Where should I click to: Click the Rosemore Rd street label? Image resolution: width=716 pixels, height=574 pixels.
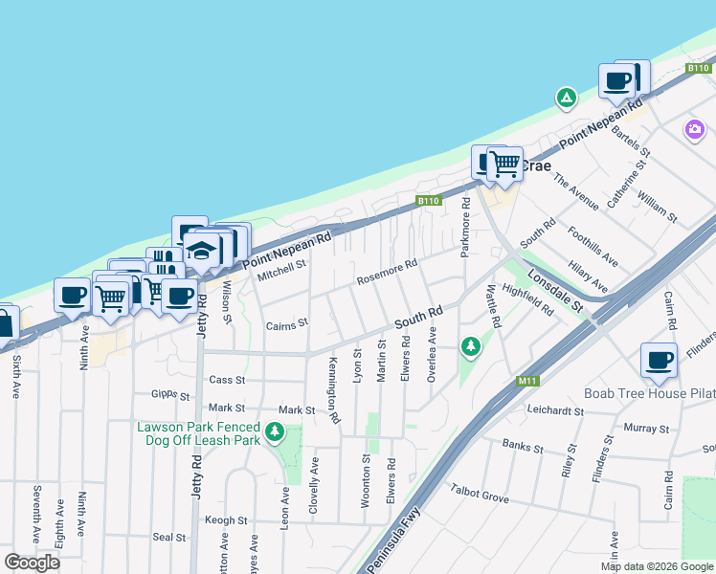[387, 273]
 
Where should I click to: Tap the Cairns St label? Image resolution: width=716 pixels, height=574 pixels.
[286, 324]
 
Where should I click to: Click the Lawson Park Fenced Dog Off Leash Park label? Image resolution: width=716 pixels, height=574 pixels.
[198, 433]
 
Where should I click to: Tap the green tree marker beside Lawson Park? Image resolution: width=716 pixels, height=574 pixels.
[275, 433]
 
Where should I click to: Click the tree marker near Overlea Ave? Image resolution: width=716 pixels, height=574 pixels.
[470, 347]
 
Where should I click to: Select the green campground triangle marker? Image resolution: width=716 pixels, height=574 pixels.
[567, 98]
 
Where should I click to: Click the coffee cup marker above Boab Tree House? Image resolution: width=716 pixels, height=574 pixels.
[659, 361]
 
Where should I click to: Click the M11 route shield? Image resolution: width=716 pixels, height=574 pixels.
[526, 381]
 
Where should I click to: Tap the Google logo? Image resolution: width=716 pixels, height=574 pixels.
[32, 562]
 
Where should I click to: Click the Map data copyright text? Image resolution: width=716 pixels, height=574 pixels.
[657, 566]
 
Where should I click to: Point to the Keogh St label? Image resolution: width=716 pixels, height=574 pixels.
[226, 520]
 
